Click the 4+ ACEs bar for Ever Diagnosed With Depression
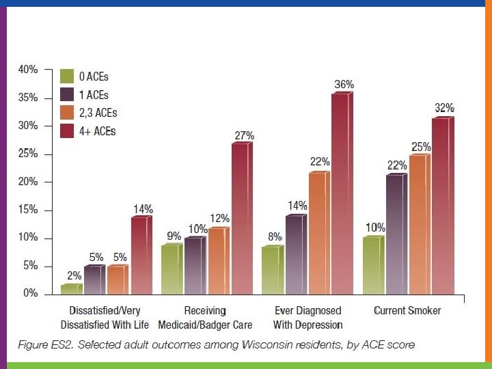click(x=341, y=193)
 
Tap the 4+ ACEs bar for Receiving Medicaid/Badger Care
click(x=240, y=219)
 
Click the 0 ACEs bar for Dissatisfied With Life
click(x=70, y=289)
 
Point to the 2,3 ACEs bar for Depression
click(x=318, y=233)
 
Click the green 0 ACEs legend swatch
click(x=67, y=76)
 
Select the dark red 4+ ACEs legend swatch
click(x=67, y=131)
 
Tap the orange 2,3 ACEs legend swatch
click(x=67, y=112)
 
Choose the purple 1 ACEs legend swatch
click(x=67, y=94)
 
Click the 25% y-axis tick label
click(x=27, y=154)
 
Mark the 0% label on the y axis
click(x=30, y=295)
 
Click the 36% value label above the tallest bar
click(x=344, y=85)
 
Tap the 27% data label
click(x=244, y=136)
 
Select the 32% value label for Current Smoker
click(x=444, y=108)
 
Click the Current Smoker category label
click(x=407, y=311)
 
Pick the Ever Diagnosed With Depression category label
click(x=307, y=318)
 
